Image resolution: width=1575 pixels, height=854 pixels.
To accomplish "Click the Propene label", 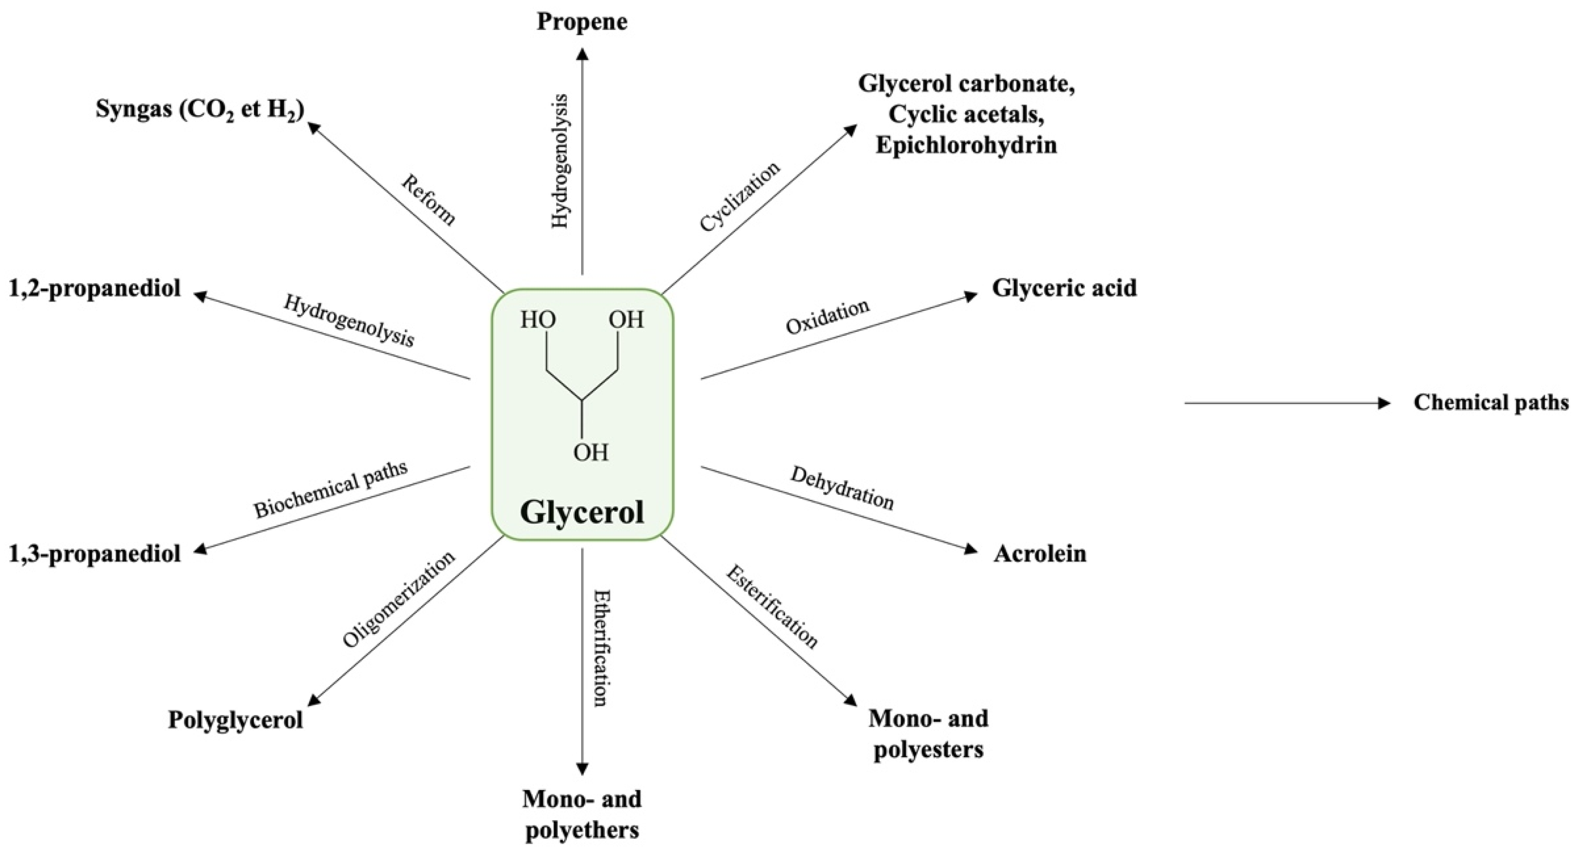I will tap(582, 22).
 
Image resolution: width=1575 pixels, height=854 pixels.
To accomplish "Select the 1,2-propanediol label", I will tap(95, 288).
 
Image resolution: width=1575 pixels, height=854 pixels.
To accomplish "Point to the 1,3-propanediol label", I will tap(95, 554).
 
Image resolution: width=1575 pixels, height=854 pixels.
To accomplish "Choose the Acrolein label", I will tap(1040, 554).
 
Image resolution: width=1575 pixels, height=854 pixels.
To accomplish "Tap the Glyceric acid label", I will tap(1064, 288).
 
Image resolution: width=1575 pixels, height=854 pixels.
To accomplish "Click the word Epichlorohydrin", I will tap(966, 145).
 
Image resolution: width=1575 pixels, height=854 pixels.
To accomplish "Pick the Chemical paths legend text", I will tap(1491, 402).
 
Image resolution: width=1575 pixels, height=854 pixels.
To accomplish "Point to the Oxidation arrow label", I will tap(827, 317).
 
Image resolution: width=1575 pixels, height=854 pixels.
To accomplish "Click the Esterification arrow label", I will tap(771, 607).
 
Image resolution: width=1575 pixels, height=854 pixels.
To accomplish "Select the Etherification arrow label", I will tap(601, 648).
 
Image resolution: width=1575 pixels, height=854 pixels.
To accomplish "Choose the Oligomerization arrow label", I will tap(399, 599).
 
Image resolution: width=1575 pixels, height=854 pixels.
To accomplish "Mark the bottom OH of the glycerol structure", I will tap(591, 452).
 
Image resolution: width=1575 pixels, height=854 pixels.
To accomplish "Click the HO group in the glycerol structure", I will tap(538, 320).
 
